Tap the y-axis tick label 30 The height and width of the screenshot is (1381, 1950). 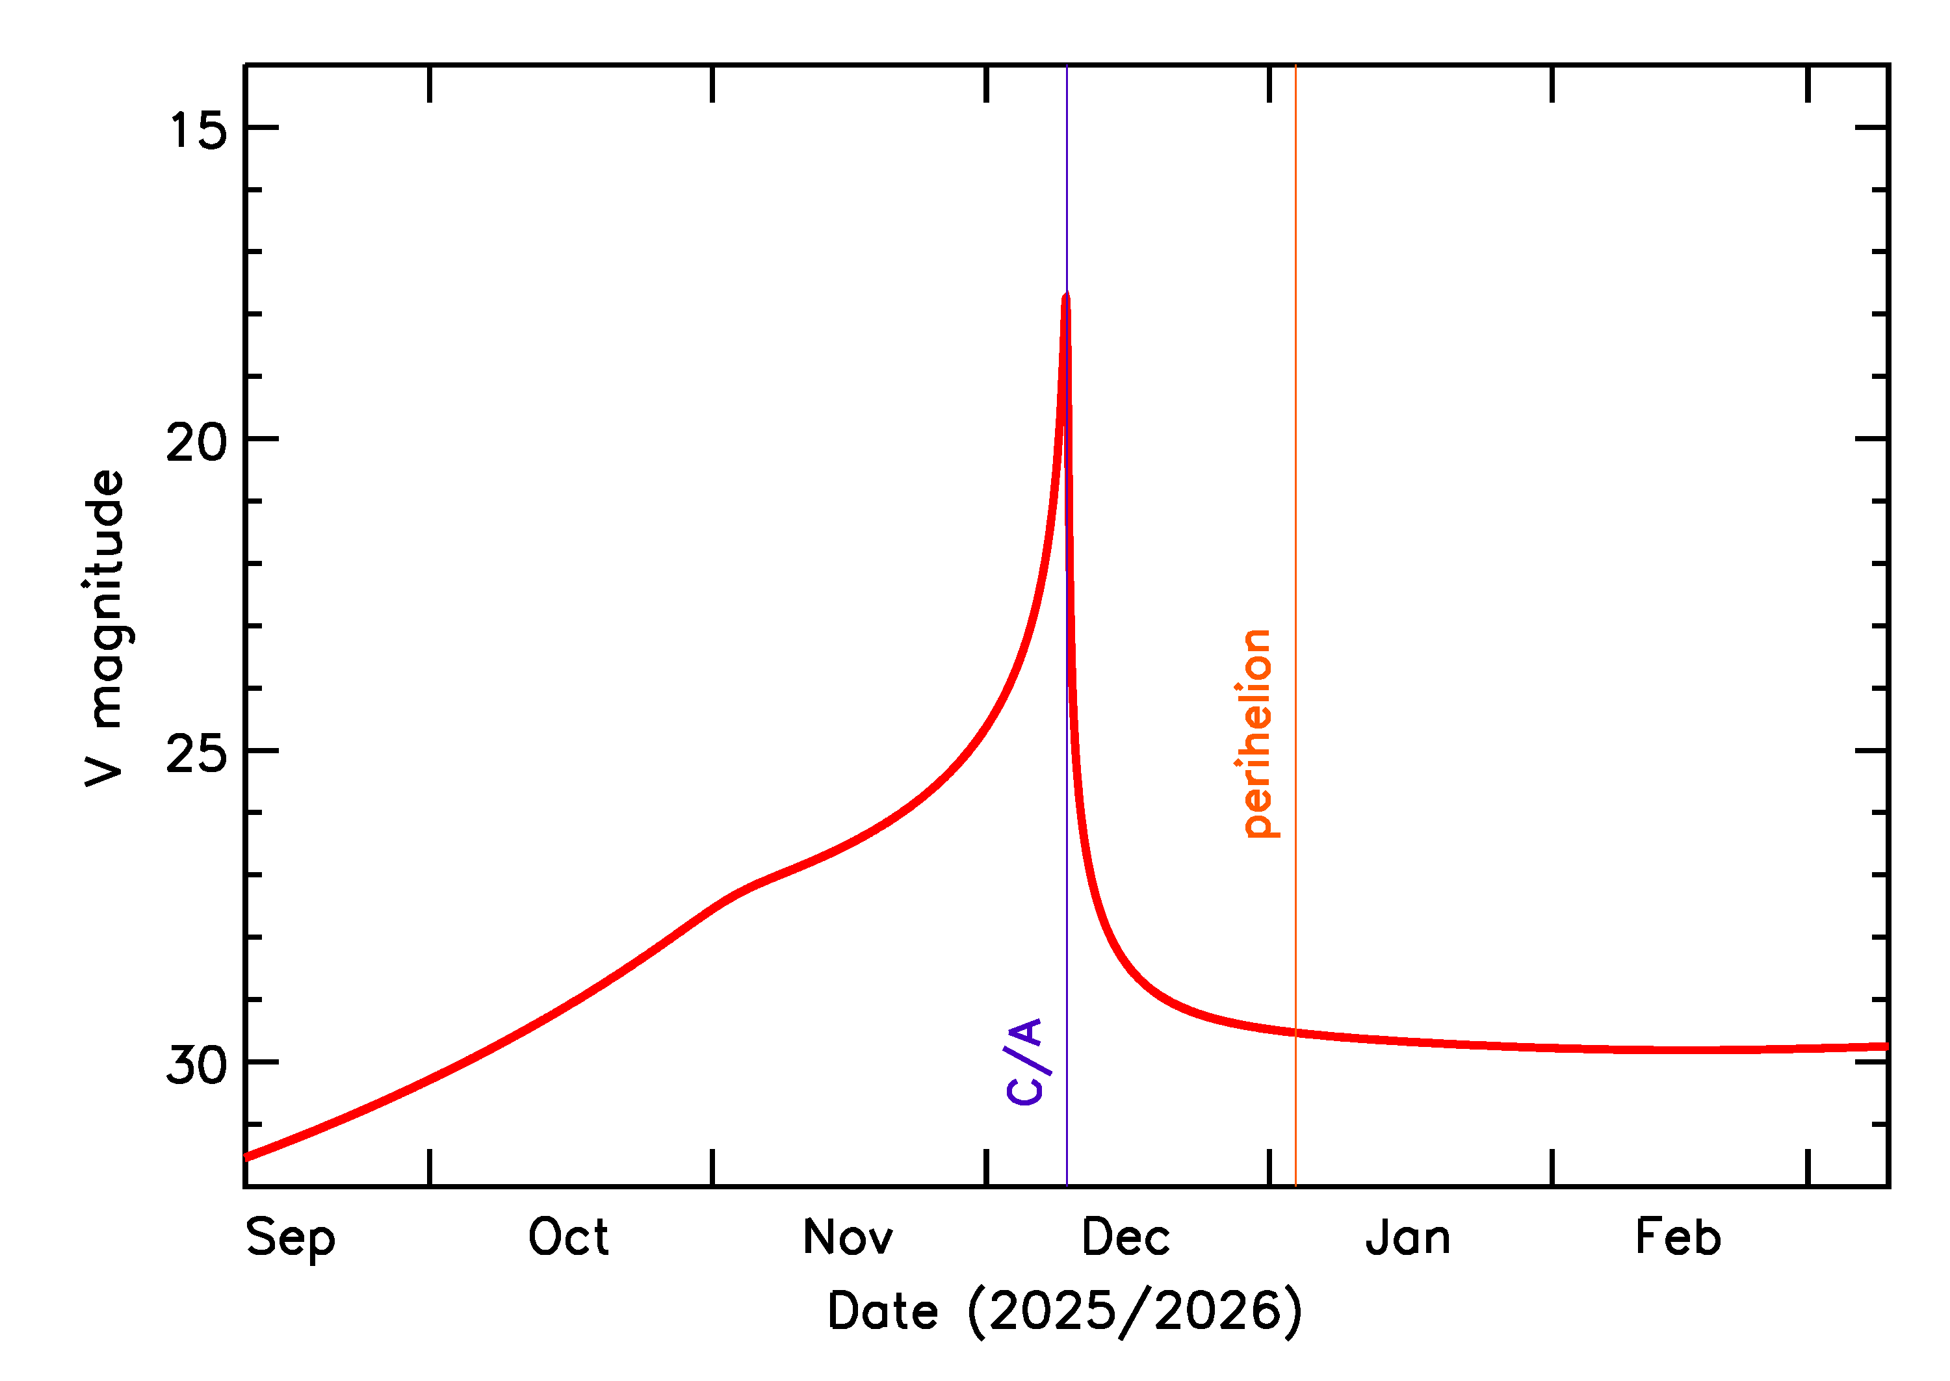198,1065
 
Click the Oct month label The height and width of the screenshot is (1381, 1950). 568,1237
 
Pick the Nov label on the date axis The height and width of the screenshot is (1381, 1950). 848,1237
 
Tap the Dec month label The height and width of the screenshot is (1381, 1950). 1125,1237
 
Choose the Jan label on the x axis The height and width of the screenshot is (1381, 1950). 1409,1237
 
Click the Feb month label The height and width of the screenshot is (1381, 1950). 1678,1237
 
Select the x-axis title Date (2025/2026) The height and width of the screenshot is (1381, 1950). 1065,1311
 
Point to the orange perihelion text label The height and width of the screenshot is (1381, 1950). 1257,734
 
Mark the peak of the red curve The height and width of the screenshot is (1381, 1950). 1065,296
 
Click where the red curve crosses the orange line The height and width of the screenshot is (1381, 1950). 1295,1033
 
